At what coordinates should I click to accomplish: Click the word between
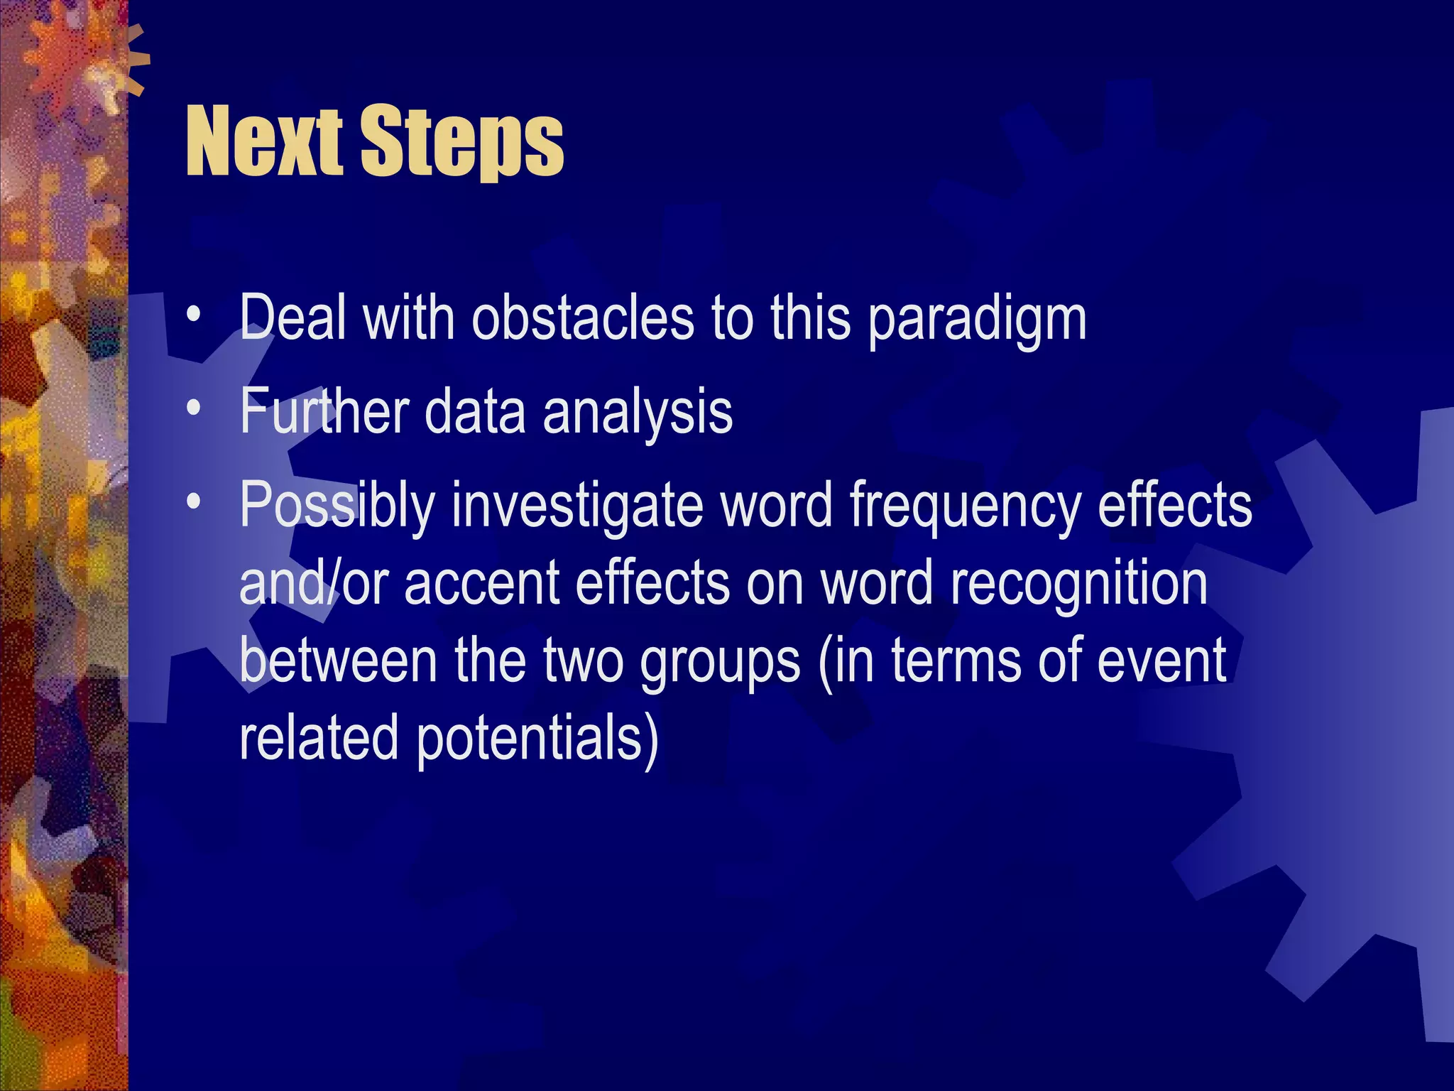coord(337,661)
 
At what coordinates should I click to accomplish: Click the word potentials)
coord(537,740)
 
